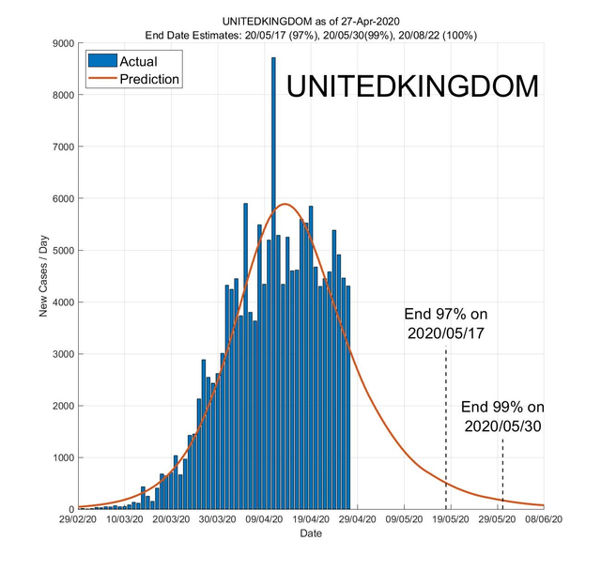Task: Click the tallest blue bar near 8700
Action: (273, 282)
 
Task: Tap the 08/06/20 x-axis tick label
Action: (544, 519)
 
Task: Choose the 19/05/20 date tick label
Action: (451, 519)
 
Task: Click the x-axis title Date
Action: (311, 533)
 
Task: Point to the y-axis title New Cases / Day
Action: (44, 276)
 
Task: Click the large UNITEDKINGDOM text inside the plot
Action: (412, 86)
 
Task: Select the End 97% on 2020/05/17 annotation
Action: (446, 322)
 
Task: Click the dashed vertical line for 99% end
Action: (502, 474)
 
